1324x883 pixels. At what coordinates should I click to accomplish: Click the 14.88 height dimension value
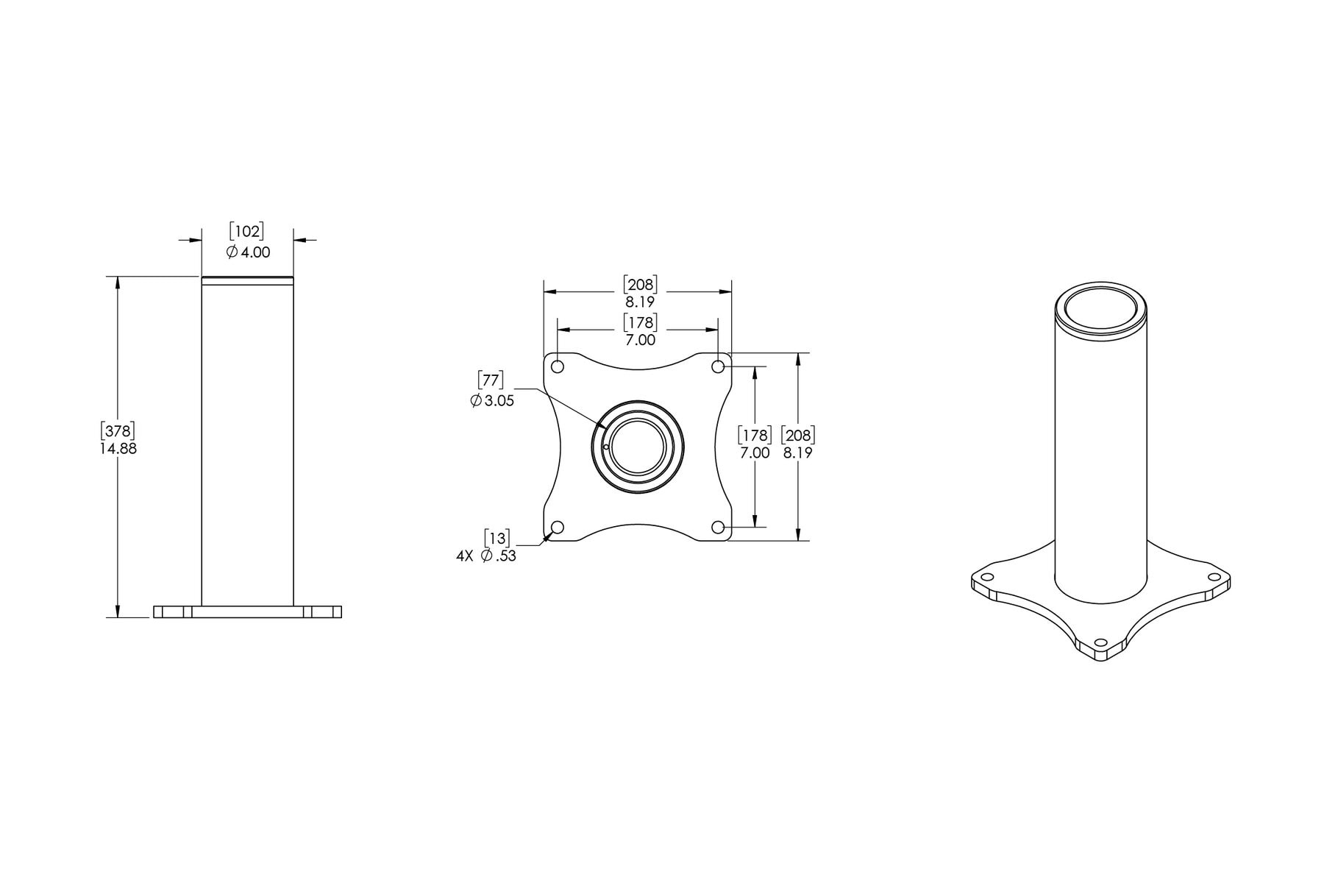[x=118, y=448]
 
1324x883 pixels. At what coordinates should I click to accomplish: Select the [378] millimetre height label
[x=118, y=430]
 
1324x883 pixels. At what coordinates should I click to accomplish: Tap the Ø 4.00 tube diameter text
[x=248, y=252]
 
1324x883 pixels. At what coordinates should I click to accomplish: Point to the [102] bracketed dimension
[x=246, y=231]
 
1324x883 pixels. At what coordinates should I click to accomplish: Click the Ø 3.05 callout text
[x=492, y=401]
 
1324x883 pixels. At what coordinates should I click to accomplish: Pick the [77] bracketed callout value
[x=491, y=380]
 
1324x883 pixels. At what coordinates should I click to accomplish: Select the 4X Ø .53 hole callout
[x=486, y=556]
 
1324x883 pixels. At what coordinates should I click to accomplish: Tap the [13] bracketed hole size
[x=496, y=538]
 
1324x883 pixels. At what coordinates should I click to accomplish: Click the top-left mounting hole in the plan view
[x=558, y=366]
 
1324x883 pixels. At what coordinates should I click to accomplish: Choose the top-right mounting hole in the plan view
[x=718, y=366]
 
